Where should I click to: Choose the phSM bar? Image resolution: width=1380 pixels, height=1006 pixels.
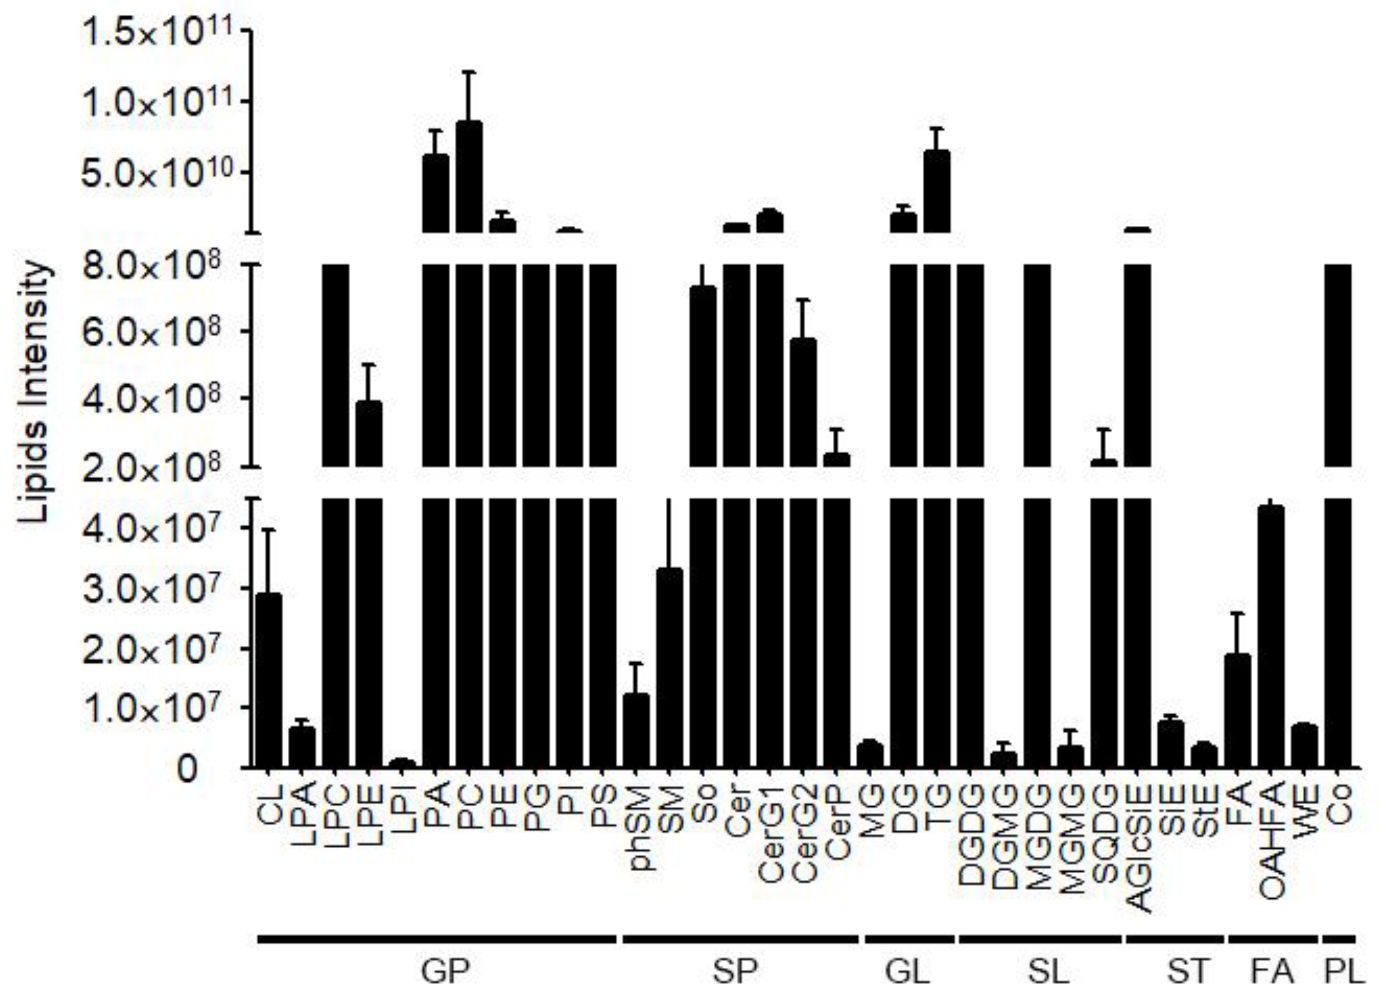pos(636,731)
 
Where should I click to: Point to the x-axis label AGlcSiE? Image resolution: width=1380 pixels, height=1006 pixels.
pos(1138,849)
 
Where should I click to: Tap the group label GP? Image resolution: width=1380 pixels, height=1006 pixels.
pos(445,974)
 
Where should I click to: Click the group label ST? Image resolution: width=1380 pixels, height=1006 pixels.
pos(1187,974)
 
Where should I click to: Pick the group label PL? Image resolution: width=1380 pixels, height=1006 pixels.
pos(1343,974)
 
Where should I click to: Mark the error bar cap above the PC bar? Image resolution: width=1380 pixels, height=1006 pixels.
pos(469,72)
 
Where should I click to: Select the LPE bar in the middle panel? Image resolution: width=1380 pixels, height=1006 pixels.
pos(369,434)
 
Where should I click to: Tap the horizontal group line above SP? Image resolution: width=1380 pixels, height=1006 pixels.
pos(740,939)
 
